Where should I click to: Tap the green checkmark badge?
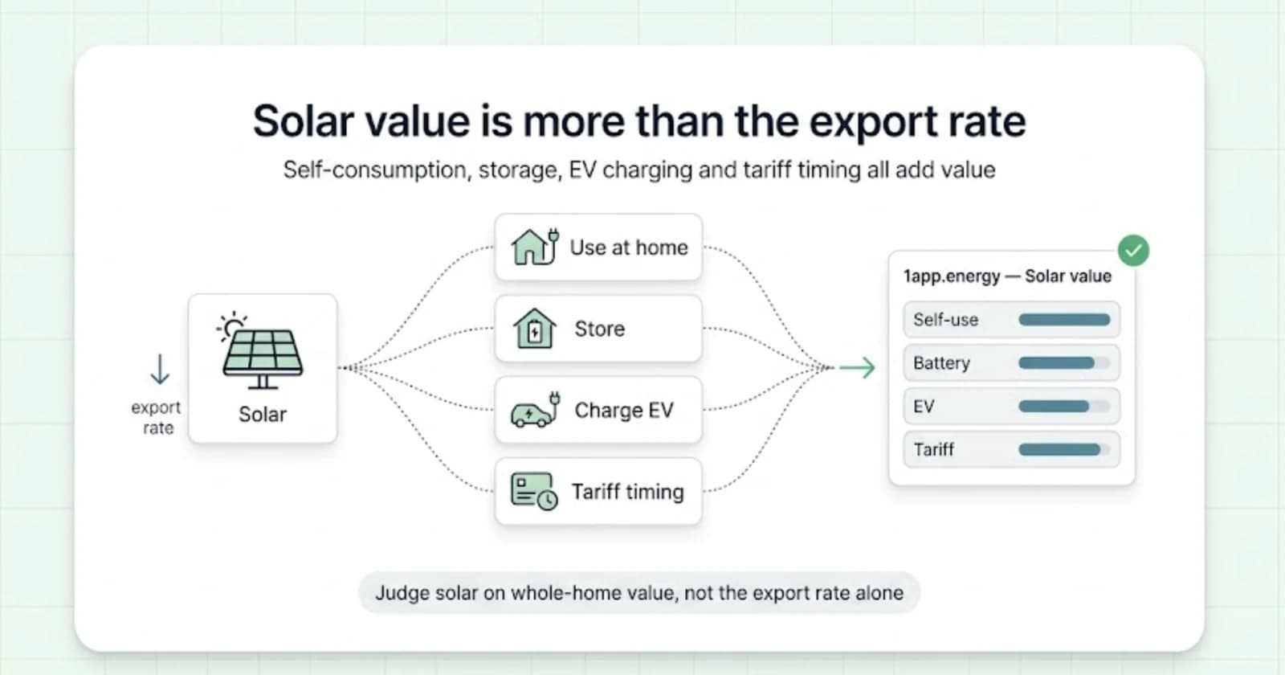point(1133,251)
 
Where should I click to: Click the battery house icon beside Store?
point(534,329)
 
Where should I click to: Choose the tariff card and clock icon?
point(533,491)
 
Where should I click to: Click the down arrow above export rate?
point(160,369)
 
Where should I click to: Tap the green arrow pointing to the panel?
point(857,367)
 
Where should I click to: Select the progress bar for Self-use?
point(1064,320)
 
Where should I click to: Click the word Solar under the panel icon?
point(262,415)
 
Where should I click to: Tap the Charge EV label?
point(623,411)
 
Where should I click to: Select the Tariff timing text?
point(627,492)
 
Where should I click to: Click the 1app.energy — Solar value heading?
point(1007,276)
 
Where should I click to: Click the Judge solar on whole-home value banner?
point(639,592)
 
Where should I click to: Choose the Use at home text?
point(629,247)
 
